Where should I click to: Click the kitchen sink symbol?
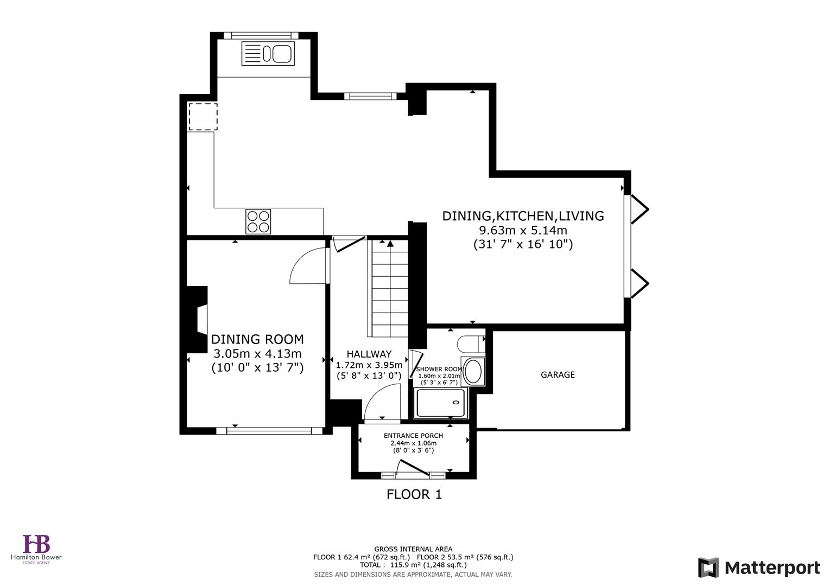click(268, 54)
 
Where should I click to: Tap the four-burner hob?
click(258, 221)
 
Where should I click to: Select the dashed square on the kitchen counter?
click(203, 117)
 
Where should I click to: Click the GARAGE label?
click(558, 375)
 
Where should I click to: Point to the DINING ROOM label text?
click(257, 340)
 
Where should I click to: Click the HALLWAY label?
click(369, 354)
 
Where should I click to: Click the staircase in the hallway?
click(388, 288)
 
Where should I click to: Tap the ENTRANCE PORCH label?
click(413, 436)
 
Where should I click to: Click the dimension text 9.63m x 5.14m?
click(523, 230)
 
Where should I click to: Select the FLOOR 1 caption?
click(414, 494)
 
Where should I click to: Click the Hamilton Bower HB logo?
click(36, 544)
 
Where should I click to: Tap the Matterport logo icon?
click(708, 568)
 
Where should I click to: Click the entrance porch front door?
click(414, 470)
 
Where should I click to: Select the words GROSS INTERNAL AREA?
click(413, 549)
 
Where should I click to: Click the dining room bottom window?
click(269, 431)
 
